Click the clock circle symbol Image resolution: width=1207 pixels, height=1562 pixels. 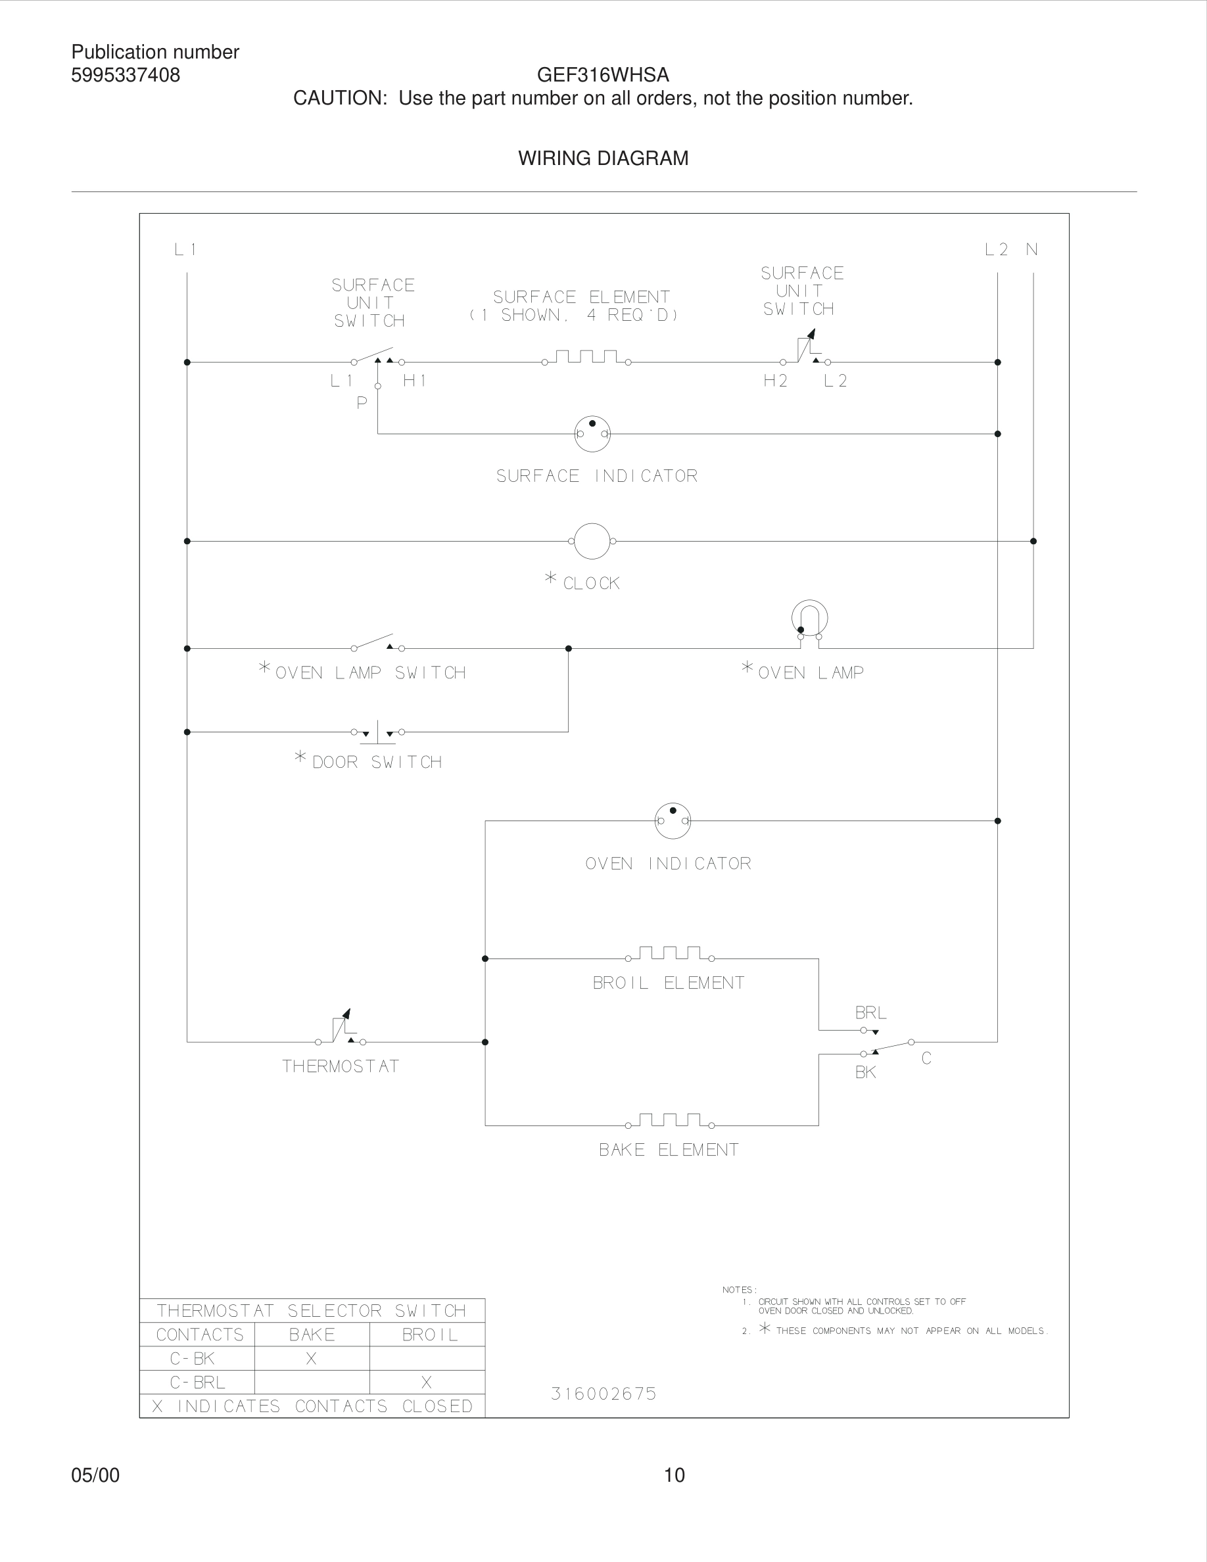coord(592,542)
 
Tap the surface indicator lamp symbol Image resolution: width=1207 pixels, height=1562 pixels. coord(592,433)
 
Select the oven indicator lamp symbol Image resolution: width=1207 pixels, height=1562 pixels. coord(672,820)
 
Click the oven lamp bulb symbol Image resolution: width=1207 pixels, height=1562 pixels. coord(809,619)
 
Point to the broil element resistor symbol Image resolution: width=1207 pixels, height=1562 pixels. coord(669,953)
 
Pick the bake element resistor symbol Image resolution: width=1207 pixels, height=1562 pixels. coord(669,1121)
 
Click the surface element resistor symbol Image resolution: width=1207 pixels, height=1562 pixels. coord(586,357)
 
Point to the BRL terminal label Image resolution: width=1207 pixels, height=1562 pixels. coord(871,1012)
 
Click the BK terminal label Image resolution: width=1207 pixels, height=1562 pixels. coord(865,1072)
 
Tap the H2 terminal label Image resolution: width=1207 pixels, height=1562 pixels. coord(775,381)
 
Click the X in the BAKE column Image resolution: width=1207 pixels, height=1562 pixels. coord(311,1358)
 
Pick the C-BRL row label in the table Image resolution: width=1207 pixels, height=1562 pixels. coord(197,1383)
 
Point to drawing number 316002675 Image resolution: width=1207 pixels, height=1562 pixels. coord(603,1393)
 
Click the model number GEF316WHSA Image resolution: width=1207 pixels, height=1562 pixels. coord(603,75)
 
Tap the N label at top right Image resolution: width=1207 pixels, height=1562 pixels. coord(1032,250)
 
